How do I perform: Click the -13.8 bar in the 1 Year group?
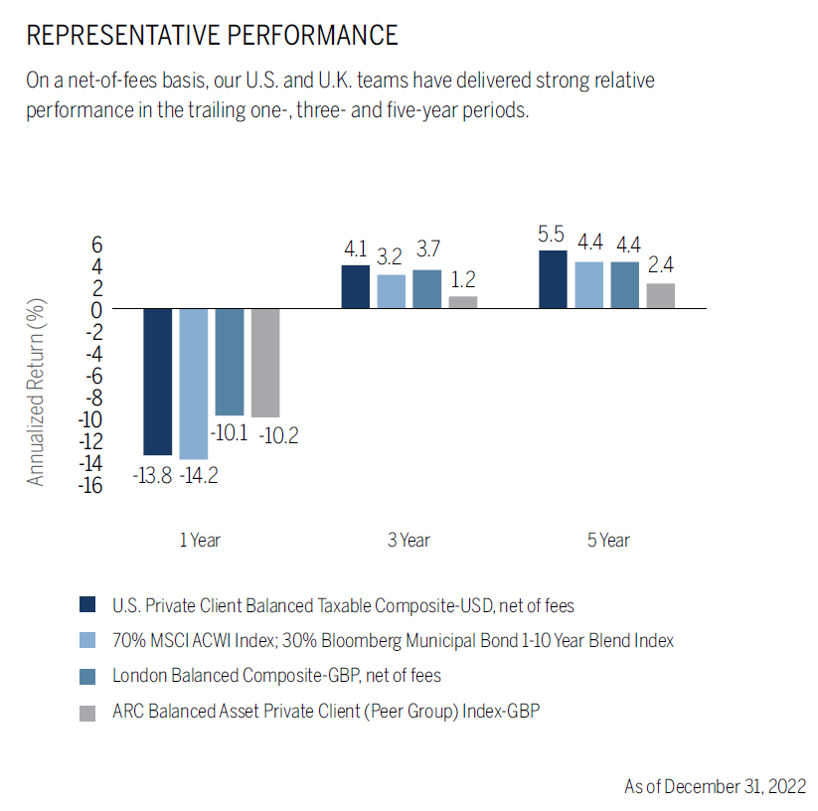[158, 382]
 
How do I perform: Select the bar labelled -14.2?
[194, 384]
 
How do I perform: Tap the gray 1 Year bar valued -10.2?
[265, 363]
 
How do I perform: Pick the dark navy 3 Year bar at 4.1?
[356, 287]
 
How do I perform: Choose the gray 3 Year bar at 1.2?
[463, 302]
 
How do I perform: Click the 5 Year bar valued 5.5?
[554, 279]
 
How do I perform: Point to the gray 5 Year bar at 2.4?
[661, 296]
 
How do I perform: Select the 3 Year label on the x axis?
[409, 541]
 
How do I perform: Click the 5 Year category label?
[608, 541]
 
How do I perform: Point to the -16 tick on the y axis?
[90, 485]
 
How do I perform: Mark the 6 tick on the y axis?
[97, 244]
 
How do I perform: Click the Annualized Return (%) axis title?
[37, 392]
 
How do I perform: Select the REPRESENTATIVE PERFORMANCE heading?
[212, 36]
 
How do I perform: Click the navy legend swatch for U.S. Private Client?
[87, 604]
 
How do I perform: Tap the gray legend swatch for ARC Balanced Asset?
[87, 712]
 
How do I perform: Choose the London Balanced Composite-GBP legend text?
[276, 676]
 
